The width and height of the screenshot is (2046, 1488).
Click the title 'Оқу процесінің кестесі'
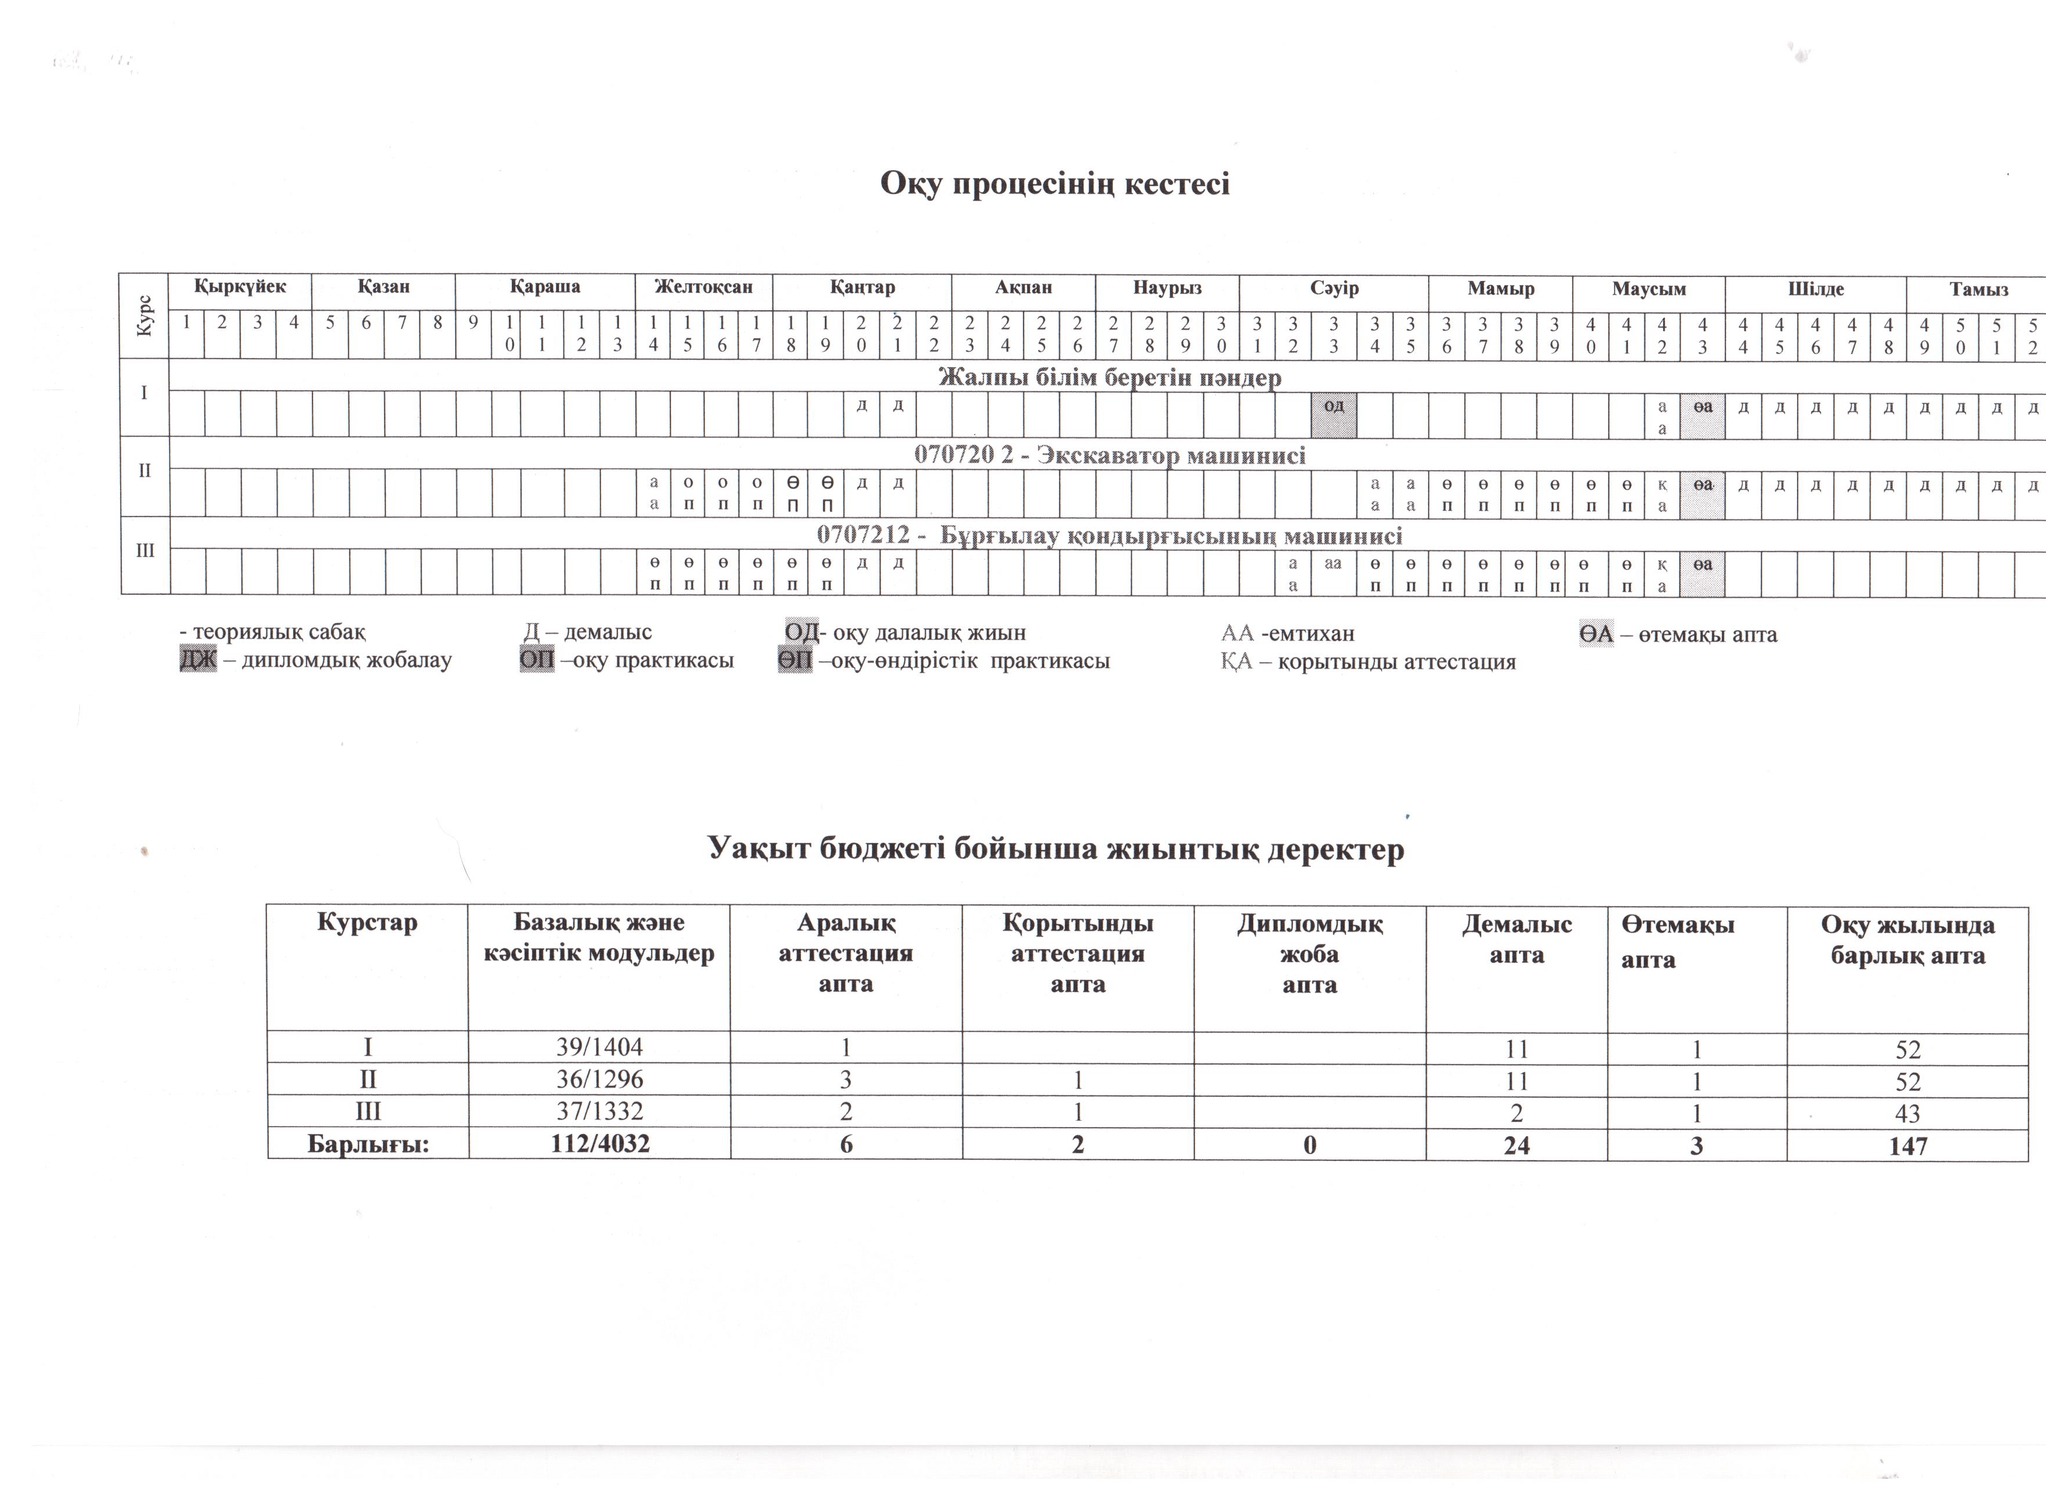pos(1054,184)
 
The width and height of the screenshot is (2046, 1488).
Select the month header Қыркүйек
pos(240,287)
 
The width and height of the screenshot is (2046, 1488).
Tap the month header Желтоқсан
pos(704,287)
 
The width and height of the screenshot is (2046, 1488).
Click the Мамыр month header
pos(1500,289)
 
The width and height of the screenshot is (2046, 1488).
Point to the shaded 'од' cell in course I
pos(1333,405)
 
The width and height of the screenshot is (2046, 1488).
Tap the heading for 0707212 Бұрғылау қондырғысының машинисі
pos(1110,535)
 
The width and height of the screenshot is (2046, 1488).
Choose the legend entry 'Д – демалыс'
pos(588,633)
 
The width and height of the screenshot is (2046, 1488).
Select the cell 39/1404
pos(599,1048)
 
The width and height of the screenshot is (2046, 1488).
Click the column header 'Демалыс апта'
pos(1517,939)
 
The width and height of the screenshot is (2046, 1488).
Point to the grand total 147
pos(1907,1146)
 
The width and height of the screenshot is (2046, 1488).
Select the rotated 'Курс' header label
pos(145,316)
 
